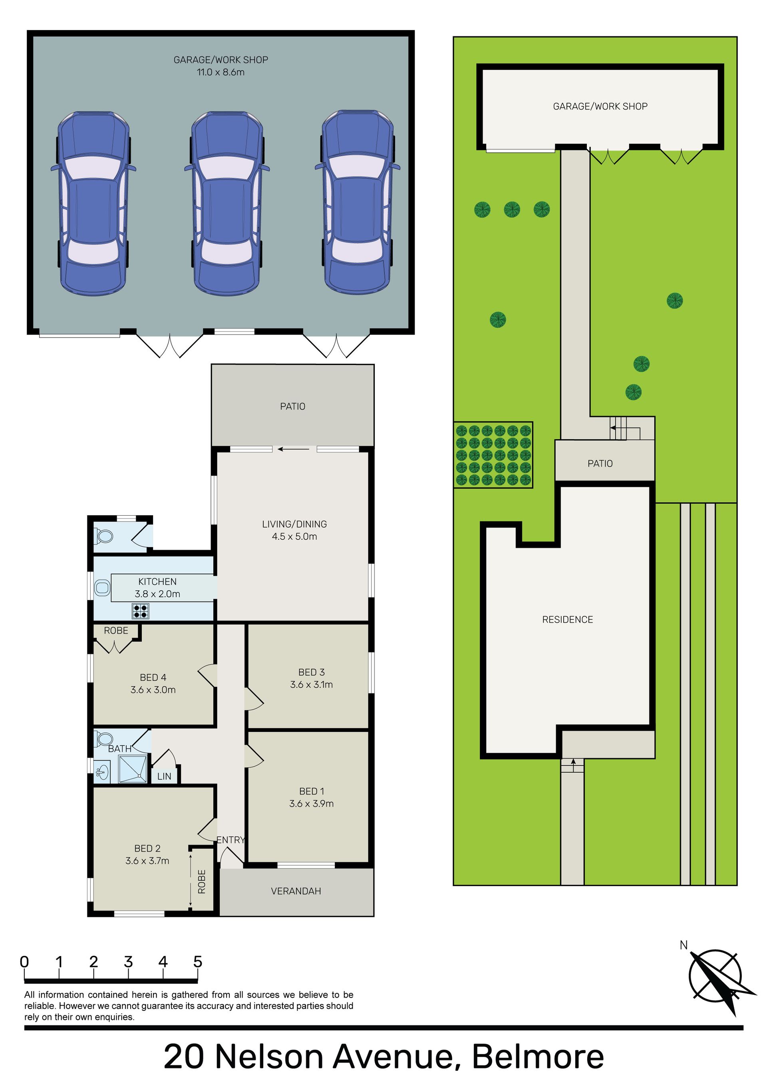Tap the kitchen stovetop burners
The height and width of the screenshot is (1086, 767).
coord(141,611)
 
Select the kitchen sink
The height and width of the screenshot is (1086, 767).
coord(102,588)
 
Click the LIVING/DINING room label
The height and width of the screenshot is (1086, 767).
coord(294,524)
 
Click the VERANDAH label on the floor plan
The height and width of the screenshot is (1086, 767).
coord(296,891)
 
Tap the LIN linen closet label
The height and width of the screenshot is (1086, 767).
coord(164,776)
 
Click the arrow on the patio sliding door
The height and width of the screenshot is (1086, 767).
coord(294,449)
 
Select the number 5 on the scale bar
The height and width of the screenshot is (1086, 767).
coord(198,962)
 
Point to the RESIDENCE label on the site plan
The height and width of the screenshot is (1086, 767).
coord(567,620)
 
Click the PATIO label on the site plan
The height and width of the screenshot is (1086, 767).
coord(600,464)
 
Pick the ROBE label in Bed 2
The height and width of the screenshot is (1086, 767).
coord(202,882)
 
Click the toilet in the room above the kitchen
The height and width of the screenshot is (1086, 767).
coord(105,536)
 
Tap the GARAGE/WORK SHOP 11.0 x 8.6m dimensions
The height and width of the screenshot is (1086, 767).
coord(221,72)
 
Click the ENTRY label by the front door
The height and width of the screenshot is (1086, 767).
coord(231,840)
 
